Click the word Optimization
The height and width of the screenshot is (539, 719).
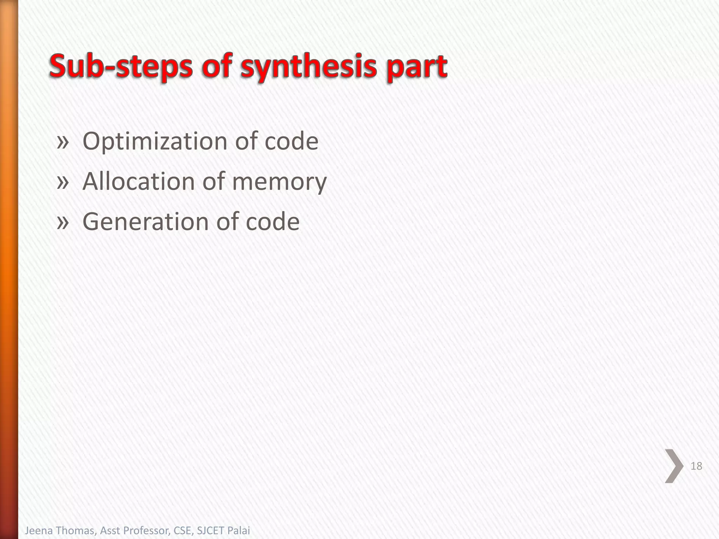[155, 141]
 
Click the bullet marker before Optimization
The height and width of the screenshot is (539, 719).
[62, 142]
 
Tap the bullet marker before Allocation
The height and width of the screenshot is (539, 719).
[62, 182]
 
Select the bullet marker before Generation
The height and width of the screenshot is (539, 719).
[62, 222]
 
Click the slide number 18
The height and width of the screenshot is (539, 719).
[696, 466]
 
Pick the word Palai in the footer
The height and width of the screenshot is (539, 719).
[239, 530]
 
